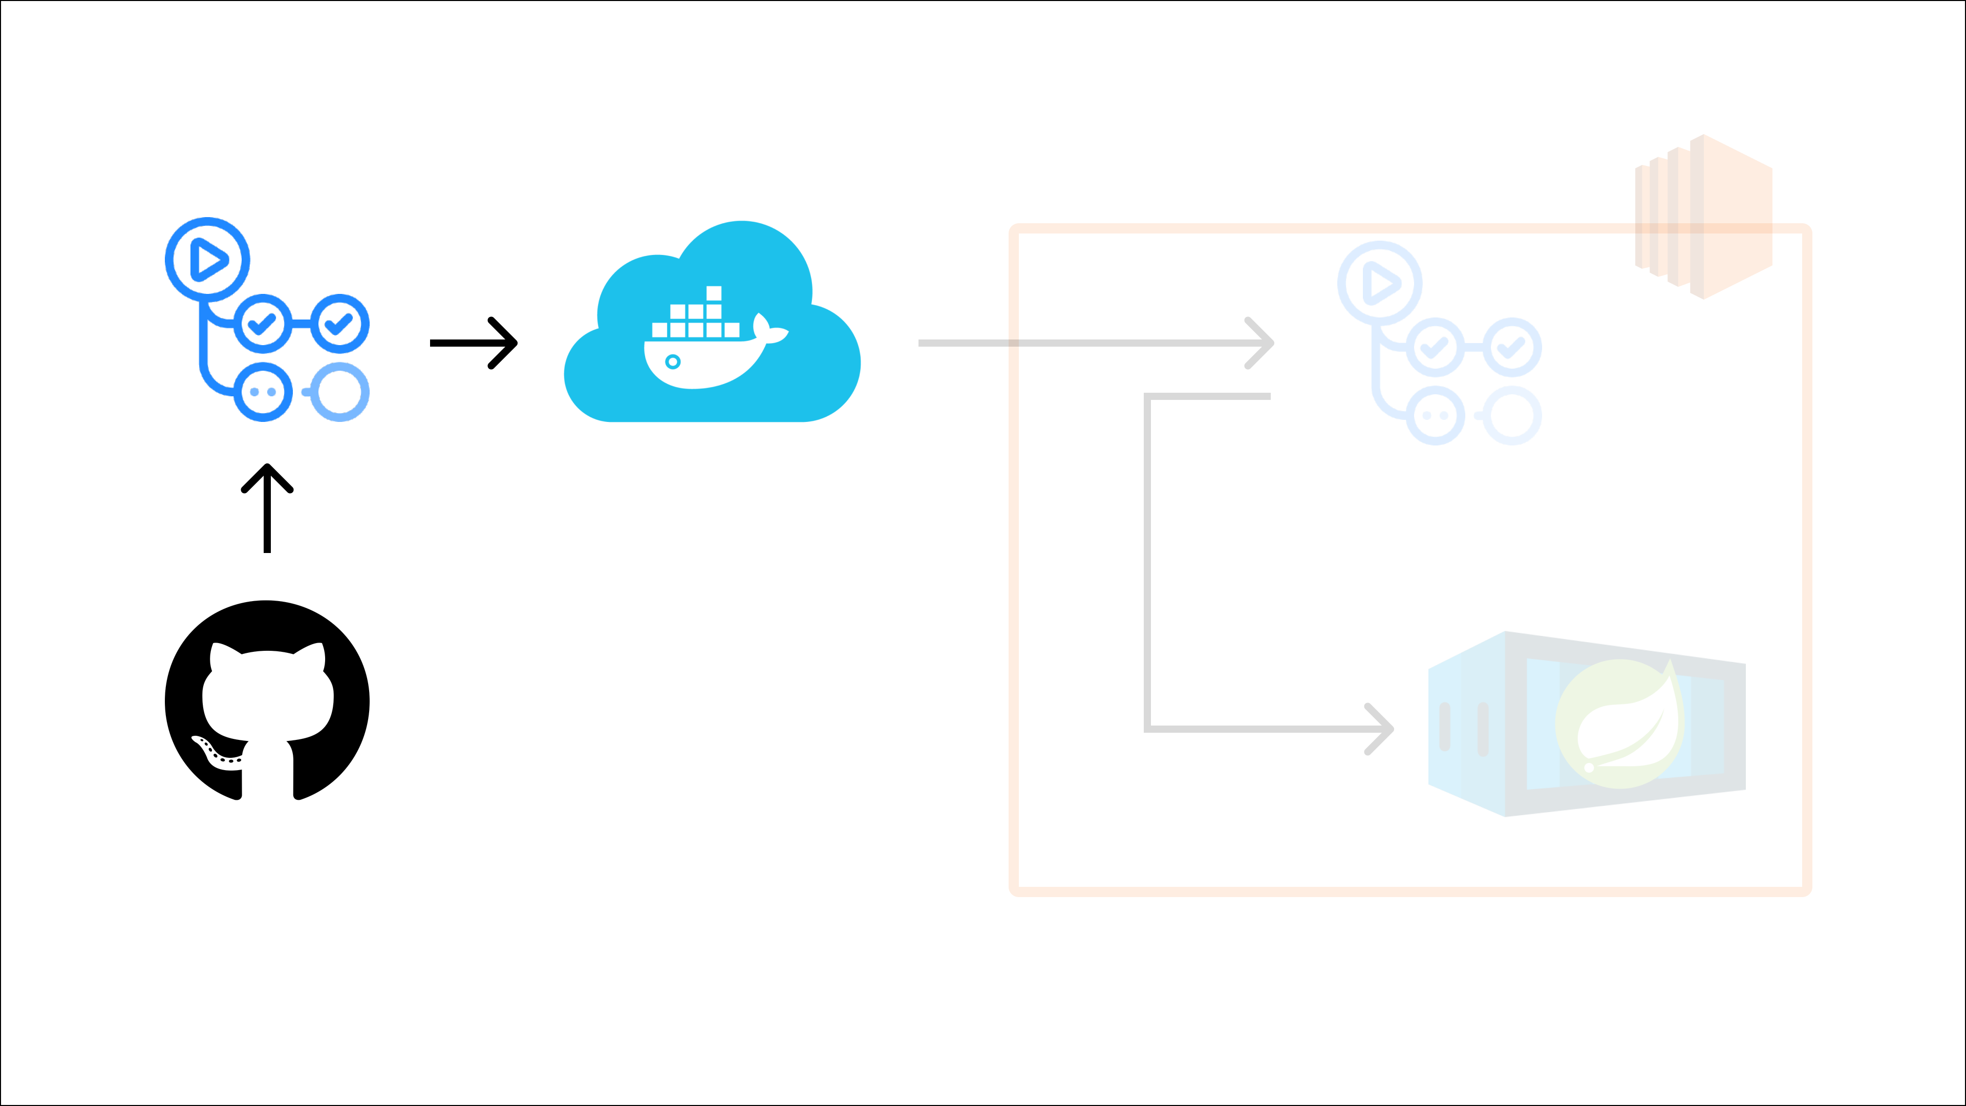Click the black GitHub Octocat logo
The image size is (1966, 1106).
(267, 700)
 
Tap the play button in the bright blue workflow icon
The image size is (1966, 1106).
(207, 260)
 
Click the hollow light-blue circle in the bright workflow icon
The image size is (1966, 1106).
(339, 392)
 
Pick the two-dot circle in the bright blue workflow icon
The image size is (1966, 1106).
(263, 392)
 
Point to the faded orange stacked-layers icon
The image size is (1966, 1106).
(1703, 217)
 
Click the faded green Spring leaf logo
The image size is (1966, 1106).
(1619, 724)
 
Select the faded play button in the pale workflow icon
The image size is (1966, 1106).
(1380, 283)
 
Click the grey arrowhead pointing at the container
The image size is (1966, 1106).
(1380, 729)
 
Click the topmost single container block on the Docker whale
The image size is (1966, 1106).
(714, 293)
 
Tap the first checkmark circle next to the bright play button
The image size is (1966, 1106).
(263, 324)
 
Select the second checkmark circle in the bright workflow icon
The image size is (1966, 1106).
(339, 324)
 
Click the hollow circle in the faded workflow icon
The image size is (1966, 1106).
(1512, 416)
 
